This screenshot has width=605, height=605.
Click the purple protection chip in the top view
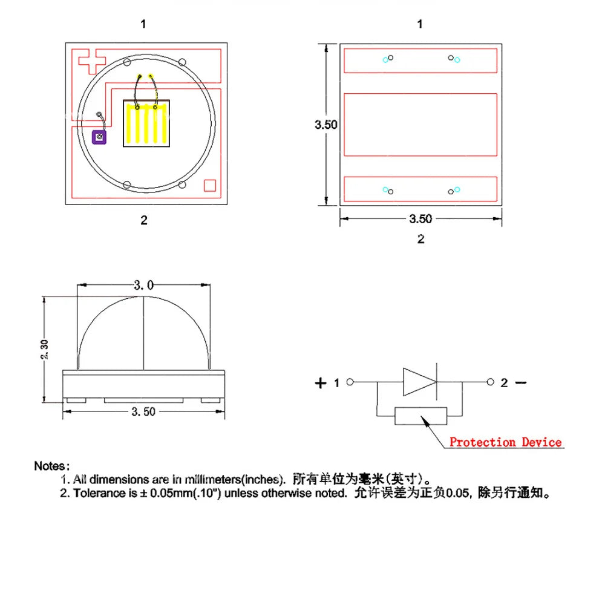99,137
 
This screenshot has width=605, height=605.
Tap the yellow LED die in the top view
146,123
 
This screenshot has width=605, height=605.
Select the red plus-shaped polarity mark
92,61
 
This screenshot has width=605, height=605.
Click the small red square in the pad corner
210,185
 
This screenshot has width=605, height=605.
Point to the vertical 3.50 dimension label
325,125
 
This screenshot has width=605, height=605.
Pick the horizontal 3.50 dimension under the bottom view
420,219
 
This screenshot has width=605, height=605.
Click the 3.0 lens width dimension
143,285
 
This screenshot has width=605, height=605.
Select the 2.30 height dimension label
44,349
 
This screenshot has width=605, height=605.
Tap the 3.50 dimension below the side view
143,411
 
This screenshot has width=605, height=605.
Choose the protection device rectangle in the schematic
420,416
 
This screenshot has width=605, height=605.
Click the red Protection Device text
505,442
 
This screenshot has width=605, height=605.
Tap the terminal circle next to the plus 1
350,382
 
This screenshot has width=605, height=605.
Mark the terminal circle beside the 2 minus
491,382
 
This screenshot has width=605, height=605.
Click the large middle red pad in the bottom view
420,125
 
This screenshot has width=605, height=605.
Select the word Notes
51,466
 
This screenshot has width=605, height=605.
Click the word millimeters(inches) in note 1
234,480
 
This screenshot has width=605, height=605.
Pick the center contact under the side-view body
143,401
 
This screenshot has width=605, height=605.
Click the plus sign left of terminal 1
321,383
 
